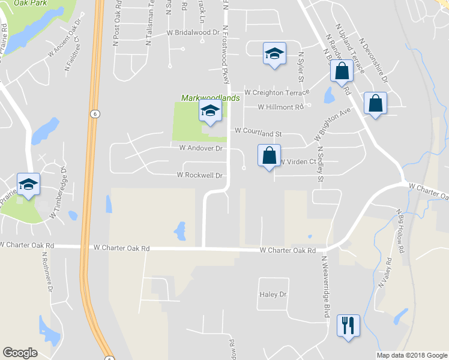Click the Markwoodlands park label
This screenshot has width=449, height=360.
pos(211,97)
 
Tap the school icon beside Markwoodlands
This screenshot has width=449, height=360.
pos(210,111)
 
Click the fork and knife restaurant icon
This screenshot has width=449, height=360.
pos(348,326)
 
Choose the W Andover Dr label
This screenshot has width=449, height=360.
pos(201,148)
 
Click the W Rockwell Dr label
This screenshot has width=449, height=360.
pos(200,175)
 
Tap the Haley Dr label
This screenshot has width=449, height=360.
pos(274,295)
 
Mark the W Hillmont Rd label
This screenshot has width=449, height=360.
pos(281,107)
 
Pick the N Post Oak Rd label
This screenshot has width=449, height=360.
pos(116,26)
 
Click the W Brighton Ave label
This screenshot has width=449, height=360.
pos(332,125)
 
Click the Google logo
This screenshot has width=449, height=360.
pos(20,353)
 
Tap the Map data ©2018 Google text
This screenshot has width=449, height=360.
pos(411,355)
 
